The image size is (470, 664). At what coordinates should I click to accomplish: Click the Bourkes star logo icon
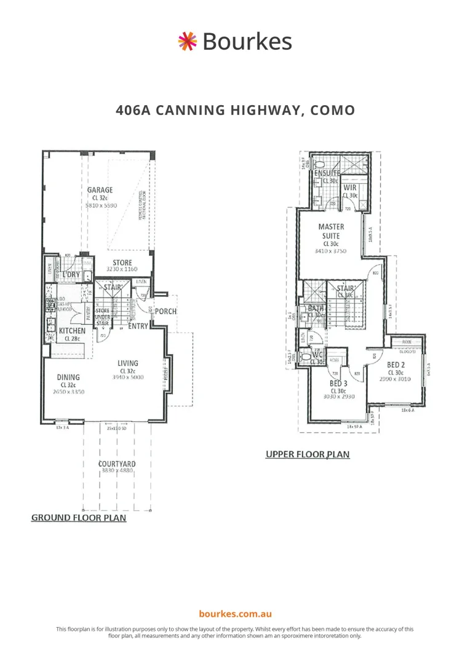click(187, 41)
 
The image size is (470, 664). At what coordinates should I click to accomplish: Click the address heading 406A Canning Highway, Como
click(235, 111)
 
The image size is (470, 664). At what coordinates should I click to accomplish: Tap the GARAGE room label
click(100, 190)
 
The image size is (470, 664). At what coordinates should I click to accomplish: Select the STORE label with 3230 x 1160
click(122, 263)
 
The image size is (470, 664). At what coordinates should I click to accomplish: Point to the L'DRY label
click(72, 274)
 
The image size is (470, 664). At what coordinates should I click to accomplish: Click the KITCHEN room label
click(72, 331)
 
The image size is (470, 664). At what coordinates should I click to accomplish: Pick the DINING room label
click(68, 377)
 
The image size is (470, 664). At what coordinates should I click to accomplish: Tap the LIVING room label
click(128, 363)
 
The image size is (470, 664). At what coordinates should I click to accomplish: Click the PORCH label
click(165, 311)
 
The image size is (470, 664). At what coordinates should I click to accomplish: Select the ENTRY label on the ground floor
click(138, 326)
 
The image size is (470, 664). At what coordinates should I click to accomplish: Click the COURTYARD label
click(117, 464)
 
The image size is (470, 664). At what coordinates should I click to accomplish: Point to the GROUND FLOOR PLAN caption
click(79, 518)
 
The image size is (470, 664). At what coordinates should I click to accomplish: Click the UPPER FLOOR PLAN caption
click(307, 454)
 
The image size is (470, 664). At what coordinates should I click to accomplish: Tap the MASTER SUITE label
click(331, 231)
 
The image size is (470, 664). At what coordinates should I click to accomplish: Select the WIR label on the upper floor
click(350, 188)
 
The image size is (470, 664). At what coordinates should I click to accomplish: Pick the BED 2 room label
click(395, 365)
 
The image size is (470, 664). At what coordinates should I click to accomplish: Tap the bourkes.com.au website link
click(235, 614)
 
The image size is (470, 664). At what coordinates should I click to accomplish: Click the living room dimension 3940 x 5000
click(128, 377)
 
